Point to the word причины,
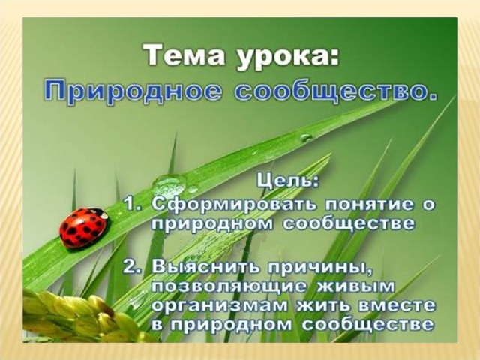(x=321, y=268)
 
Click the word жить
(x=325, y=305)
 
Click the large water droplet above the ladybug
(x=170, y=184)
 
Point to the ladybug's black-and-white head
(x=100, y=213)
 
